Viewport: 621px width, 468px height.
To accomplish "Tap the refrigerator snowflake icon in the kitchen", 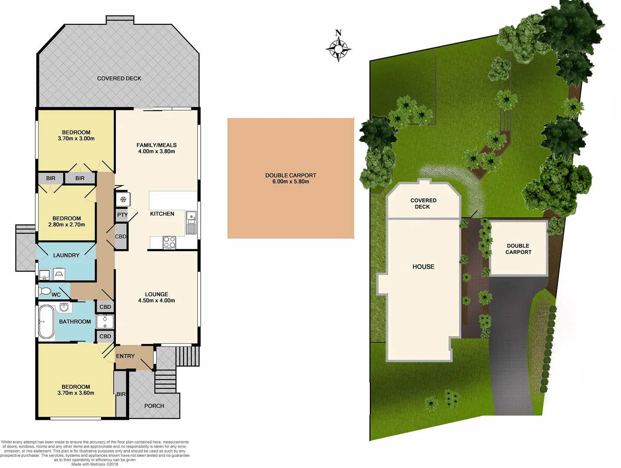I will pyautogui.click(x=123, y=199).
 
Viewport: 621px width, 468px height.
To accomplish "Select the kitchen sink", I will pyautogui.click(x=191, y=222).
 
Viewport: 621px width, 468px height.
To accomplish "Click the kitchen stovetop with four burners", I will pyautogui.click(x=170, y=243).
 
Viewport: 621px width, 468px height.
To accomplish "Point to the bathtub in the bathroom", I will pyautogui.click(x=46, y=322).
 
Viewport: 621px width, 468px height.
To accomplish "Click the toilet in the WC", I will pyautogui.click(x=45, y=291).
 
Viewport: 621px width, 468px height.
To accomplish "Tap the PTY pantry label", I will pyautogui.click(x=122, y=215).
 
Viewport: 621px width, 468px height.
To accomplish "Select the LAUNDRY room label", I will pyautogui.click(x=66, y=255).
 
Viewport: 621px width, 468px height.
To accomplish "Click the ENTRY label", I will pyautogui.click(x=125, y=356).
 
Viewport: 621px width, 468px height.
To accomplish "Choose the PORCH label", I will pyautogui.click(x=154, y=406).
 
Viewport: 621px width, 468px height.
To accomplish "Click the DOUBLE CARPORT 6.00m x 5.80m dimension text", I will pyautogui.click(x=291, y=182).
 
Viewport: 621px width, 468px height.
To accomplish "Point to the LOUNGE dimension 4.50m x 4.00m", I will pyautogui.click(x=157, y=300).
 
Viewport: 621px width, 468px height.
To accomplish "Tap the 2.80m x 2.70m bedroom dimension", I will pyautogui.click(x=67, y=224).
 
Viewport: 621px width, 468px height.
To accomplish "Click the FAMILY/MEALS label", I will pyautogui.click(x=157, y=145).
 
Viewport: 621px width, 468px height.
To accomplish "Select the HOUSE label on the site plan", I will pyautogui.click(x=423, y=267).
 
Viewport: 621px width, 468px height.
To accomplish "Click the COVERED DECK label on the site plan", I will pyautogui.click(x=423, y=204).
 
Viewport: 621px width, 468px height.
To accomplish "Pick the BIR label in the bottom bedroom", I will pyautogui.click(x=121, y=394).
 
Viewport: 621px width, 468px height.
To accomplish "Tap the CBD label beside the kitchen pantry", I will pyautogui.click(x=121, y=237).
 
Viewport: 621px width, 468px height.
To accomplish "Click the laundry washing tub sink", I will pyautogui.click(x=44, y=275).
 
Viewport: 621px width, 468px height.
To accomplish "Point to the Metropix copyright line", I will pyautogui.click(x=95, y=464).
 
